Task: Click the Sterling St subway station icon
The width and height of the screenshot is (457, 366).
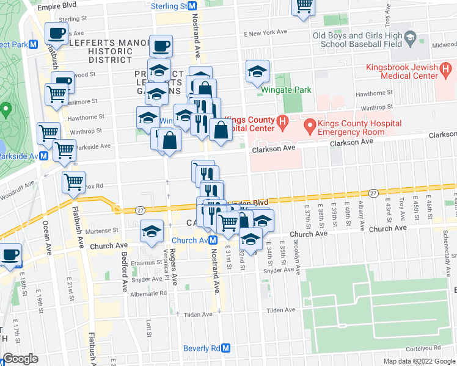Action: point(192,6)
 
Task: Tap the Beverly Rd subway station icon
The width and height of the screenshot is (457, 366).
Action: point(225,348)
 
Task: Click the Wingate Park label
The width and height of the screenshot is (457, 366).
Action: point(285,90)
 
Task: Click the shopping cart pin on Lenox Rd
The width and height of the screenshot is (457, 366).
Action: point(73,181)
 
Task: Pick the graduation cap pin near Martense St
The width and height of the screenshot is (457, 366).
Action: point(152,231)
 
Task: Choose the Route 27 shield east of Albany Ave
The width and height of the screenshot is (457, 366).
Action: point(374,193)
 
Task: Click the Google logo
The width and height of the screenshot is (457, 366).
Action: point(20,359)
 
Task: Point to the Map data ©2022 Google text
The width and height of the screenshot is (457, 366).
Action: point(419,361)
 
